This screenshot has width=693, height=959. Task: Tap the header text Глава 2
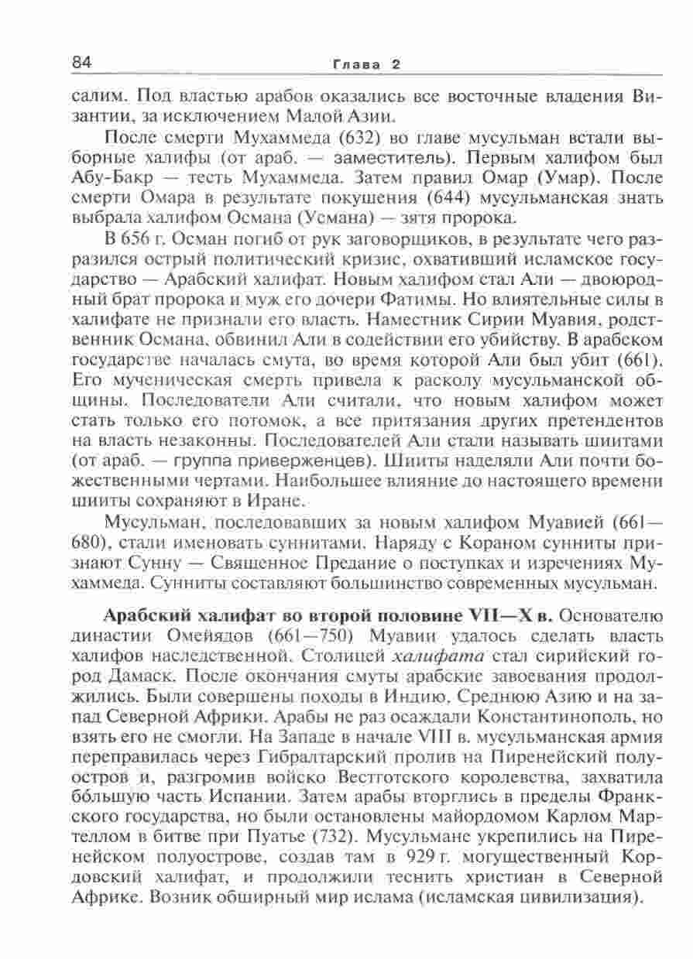(365, 64)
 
